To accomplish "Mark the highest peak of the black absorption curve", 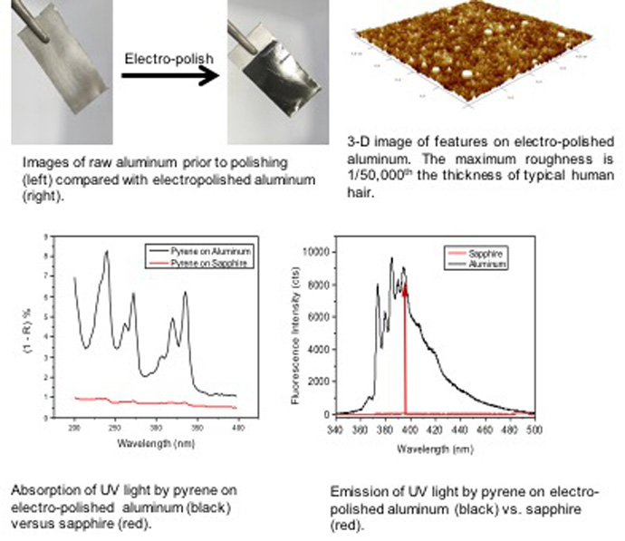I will [107, 253].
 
